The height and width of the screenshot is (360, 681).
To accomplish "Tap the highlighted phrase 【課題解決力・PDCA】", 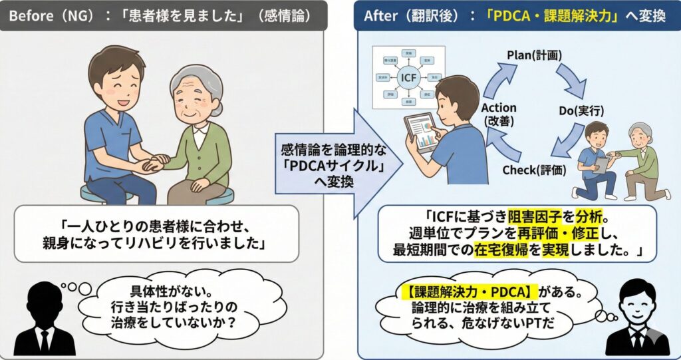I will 467,291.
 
